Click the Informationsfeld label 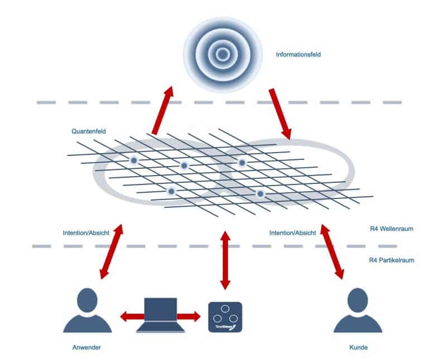point(298,55)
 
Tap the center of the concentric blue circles point(223,54)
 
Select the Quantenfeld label point(89,131)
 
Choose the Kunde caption point(358,347)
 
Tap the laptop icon point(160,315)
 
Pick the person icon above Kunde point(358,311)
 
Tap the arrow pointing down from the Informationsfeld point(280,112)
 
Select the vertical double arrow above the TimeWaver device point(225,259)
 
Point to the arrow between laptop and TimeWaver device point(189,317)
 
